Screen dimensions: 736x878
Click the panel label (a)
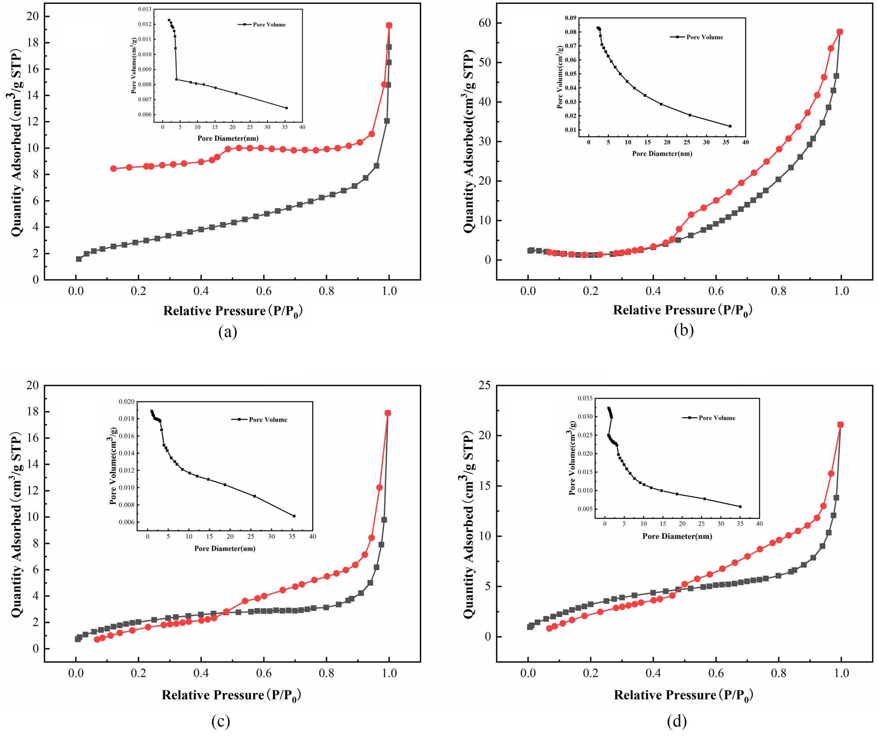(228, 332)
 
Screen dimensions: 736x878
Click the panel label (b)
(683, 330)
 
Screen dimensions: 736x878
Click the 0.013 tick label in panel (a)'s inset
(145, 9)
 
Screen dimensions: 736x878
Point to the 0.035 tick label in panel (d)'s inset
(585, 398)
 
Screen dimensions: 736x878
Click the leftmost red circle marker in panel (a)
(113, 169)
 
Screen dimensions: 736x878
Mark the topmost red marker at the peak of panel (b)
(840, 32)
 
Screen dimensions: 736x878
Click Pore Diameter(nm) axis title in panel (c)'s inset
(225, 548)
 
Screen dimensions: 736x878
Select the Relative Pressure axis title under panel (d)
(683, 695)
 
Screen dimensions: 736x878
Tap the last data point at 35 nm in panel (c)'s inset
(294, 516)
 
